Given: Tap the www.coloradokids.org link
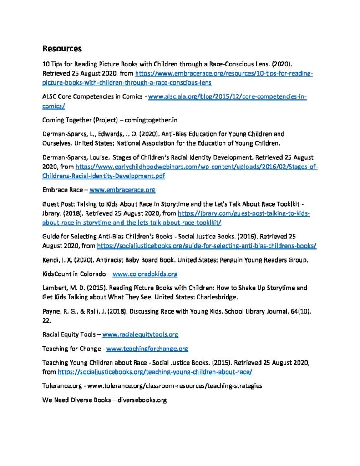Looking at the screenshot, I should click(145, 274).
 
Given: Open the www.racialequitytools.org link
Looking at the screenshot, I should click(140, 334).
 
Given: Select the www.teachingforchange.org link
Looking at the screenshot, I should click(147, 349).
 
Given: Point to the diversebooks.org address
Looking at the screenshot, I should click(142, 400).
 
